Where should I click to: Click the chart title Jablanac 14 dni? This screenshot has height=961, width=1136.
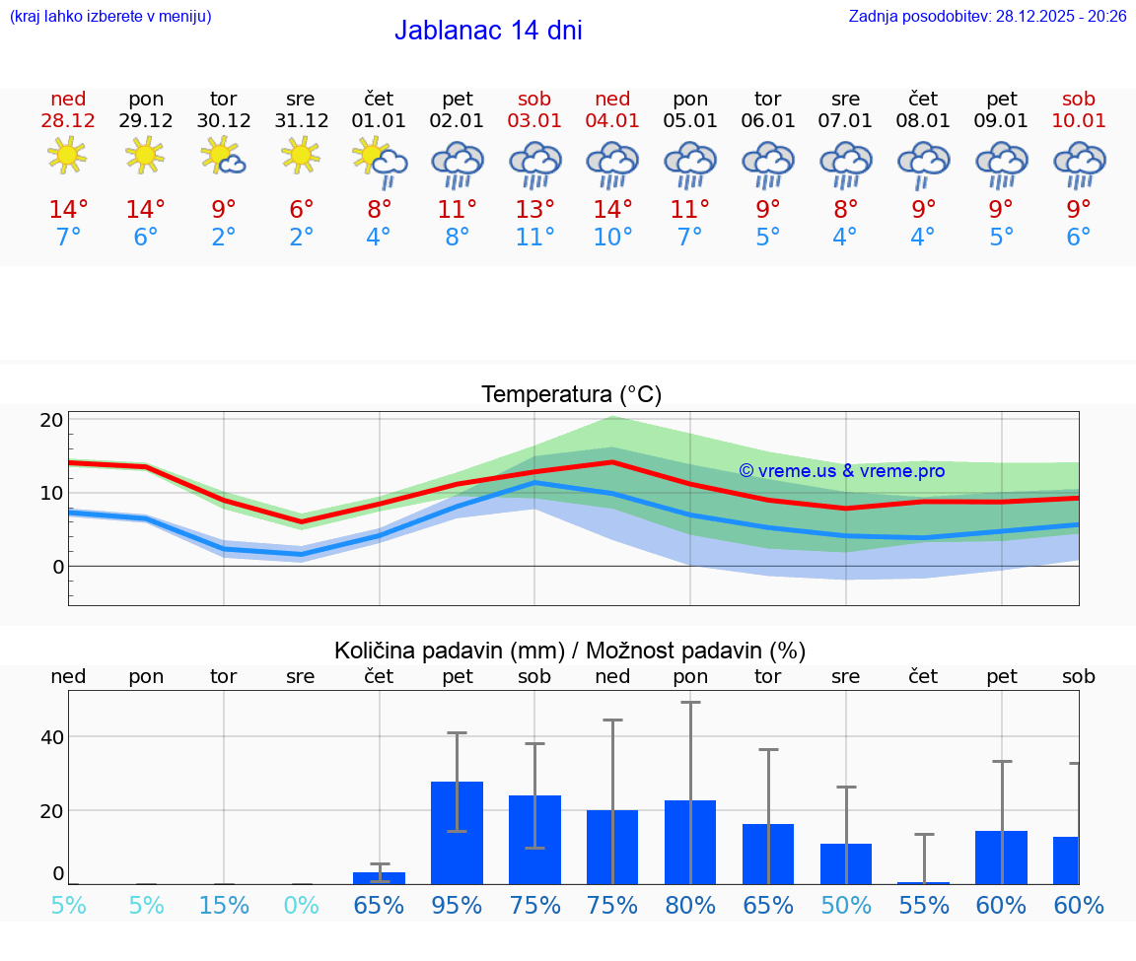488,31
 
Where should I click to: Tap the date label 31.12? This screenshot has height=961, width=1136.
301,120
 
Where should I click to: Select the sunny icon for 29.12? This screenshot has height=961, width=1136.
146,156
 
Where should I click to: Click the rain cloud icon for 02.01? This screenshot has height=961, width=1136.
458,164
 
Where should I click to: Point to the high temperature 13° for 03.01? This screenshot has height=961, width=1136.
534,209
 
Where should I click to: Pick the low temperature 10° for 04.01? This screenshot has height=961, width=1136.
612,238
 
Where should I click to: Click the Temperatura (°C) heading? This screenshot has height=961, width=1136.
571,394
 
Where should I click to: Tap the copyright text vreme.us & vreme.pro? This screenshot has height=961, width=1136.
842,471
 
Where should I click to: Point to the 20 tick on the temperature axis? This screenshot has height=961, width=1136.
51,420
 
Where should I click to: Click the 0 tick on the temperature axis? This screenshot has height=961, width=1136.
58,567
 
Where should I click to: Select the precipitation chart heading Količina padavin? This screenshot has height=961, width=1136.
570,651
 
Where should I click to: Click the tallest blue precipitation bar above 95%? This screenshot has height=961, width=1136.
458,833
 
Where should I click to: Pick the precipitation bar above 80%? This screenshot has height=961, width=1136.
690,843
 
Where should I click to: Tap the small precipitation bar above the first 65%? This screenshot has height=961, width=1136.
380,877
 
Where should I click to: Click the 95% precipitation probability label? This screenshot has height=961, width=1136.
458,906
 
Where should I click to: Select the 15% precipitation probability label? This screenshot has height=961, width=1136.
224,906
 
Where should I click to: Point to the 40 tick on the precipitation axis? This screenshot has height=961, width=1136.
51,737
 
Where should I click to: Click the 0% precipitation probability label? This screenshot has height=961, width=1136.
301,906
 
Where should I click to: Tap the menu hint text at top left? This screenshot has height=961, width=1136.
110,16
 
